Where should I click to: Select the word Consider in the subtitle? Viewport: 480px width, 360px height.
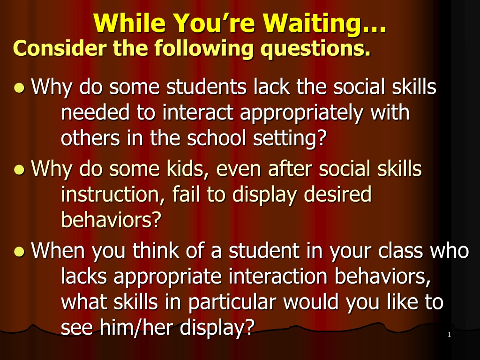(60, 48)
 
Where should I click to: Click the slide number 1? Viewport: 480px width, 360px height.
(449, 335)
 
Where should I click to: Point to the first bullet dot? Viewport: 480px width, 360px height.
(19, 88)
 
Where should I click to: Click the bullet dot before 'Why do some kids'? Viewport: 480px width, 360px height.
(19, 170)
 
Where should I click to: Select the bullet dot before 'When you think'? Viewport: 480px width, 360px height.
(19, 251)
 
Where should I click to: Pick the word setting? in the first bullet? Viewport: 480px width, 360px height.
(290, 139)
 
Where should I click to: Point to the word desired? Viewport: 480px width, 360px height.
(338, 194)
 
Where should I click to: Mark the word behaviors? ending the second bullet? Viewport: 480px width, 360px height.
(111, 219)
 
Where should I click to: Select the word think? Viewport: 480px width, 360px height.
(156, 250)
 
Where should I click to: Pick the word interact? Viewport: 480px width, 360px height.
(198, 112)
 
